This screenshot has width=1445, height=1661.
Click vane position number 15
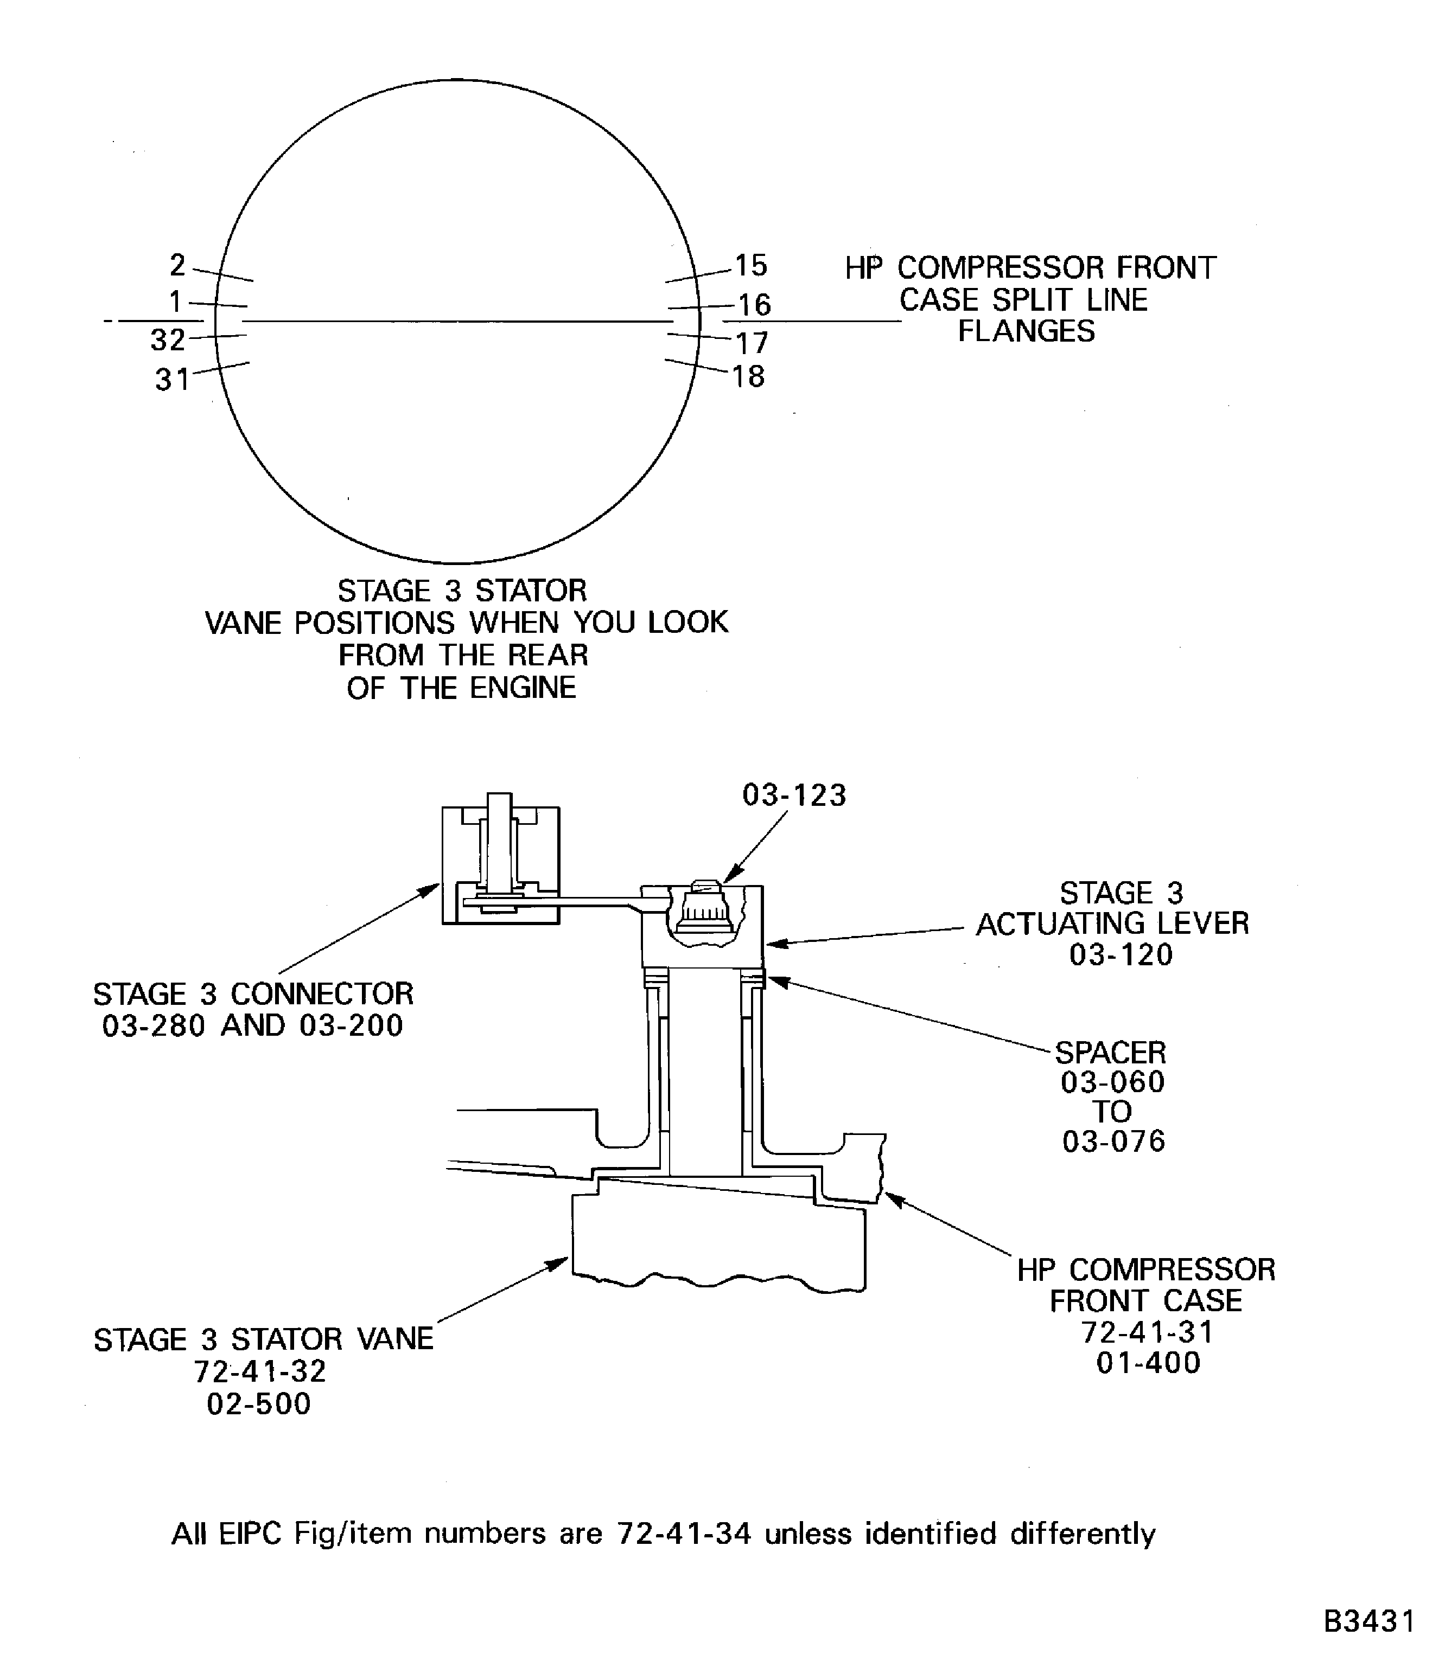point(751,265)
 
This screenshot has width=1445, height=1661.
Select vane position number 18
point(748,376)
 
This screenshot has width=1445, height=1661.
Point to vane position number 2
point(178,264)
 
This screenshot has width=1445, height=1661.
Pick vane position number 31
point(173,379)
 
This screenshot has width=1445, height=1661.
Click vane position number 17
point(752,343)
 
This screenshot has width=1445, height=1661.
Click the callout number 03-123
point(794,796)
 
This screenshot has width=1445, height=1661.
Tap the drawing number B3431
point(1369,1621)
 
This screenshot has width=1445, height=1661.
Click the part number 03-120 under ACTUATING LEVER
point(1121,955)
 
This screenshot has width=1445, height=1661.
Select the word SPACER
point(1110,1053)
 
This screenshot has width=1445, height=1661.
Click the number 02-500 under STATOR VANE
point(259,1404)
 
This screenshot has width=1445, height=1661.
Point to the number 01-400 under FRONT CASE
point(1148,1363)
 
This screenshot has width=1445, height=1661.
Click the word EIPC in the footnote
point(249,1533)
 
